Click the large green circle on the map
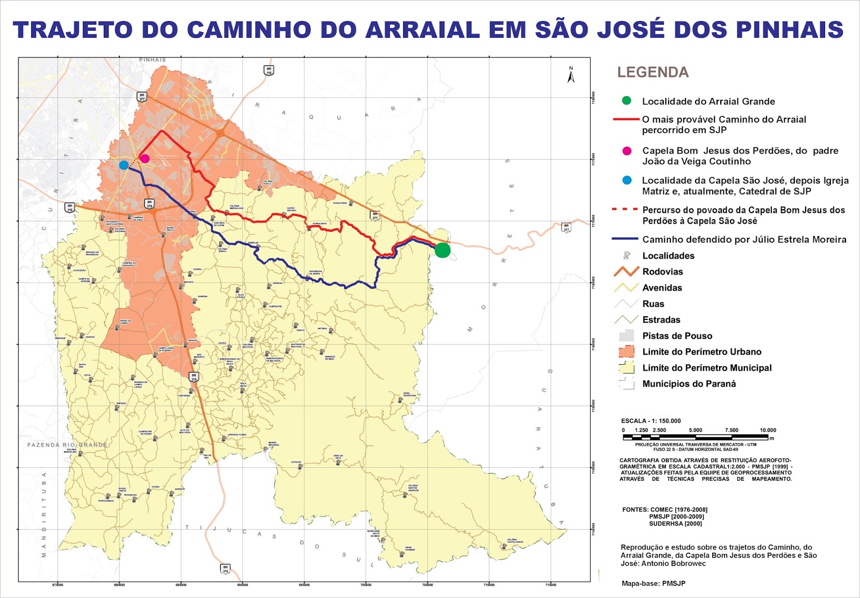pos(442,250)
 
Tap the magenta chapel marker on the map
pos(144,158)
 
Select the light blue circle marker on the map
pos(124,165)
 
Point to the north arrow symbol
pos(571,75)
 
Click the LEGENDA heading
pos(653,73)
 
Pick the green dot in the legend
pos(626,101)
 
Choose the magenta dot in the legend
pos(626,151)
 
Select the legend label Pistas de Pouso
pos(677,336)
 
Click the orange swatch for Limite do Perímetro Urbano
pos(626,352)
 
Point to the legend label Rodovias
pos(662,272)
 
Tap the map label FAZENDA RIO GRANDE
pos(67,445)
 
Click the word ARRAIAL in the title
pos(422,30)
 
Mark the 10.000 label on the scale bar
pos(768,430)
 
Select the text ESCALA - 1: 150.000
pos(650,421)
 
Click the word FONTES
pos(635,510)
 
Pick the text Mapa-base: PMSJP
pos(653,583)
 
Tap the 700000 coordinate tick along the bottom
pos(365,585)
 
